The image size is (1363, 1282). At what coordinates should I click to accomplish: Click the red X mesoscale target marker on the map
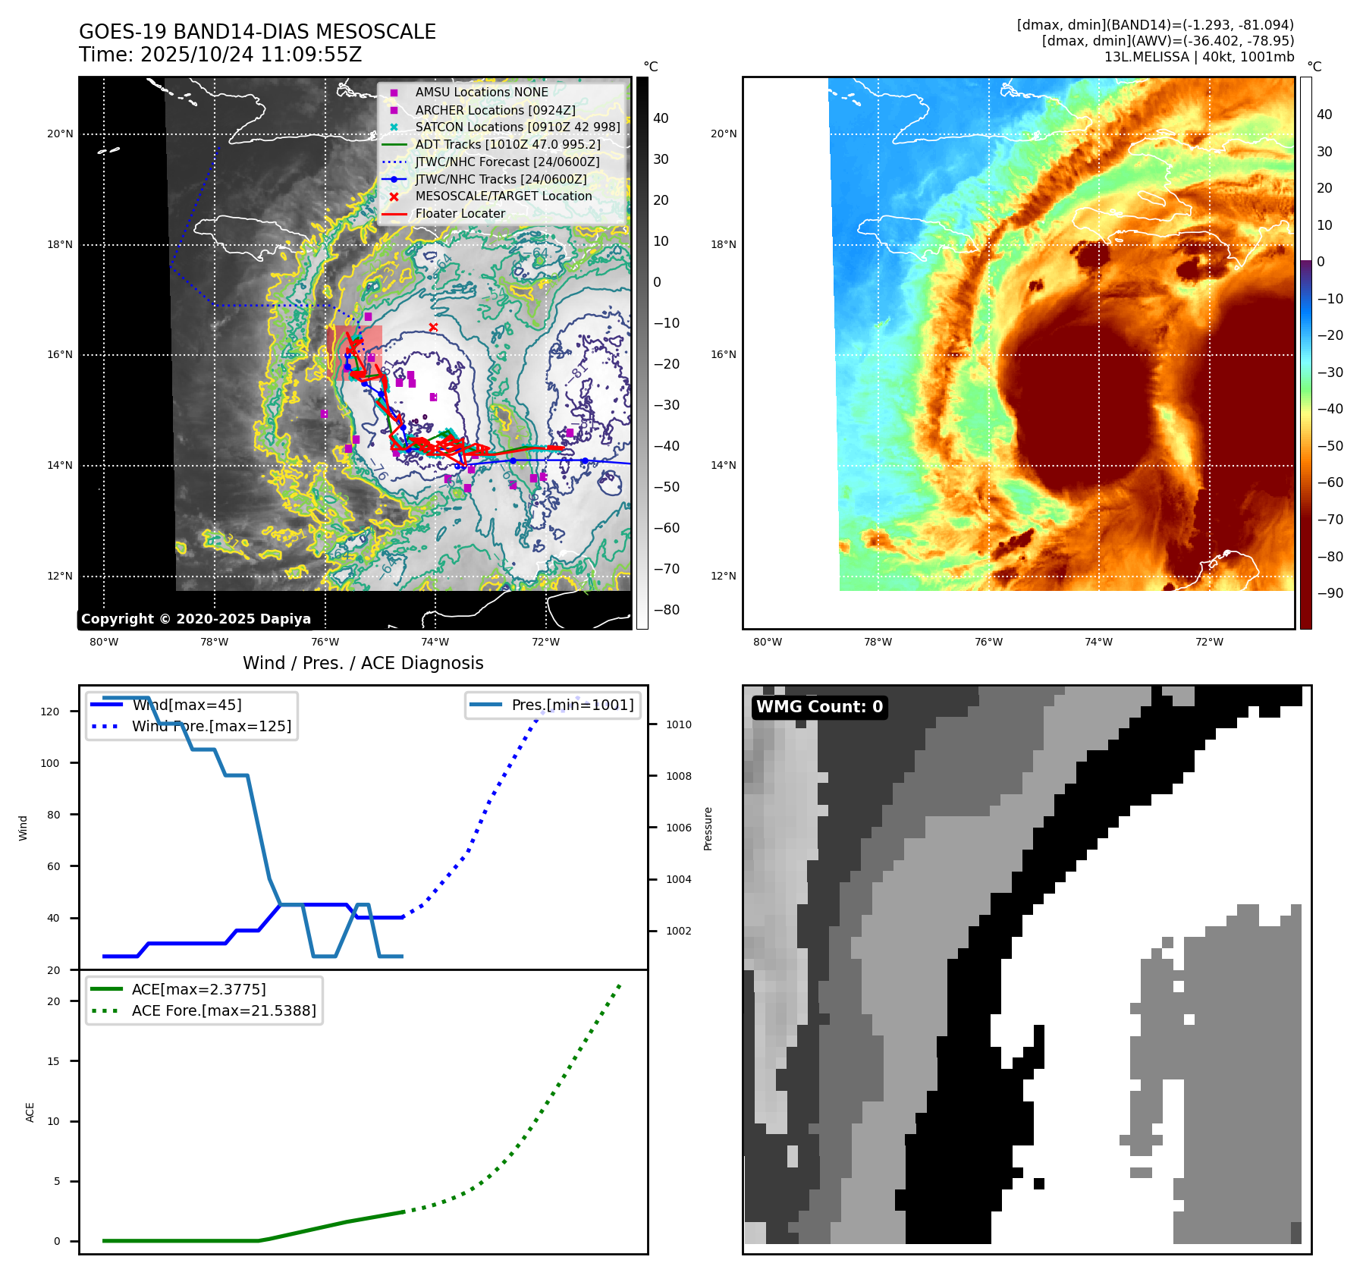(x=433, y=327)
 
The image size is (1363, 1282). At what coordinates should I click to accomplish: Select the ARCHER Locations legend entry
(x=495, y=110)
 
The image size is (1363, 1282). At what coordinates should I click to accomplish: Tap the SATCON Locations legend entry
(x=517, y=127)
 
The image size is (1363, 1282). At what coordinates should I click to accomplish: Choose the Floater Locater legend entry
(x=460, y=213)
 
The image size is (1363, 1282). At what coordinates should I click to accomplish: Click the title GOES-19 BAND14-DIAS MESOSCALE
(x=257, y=32)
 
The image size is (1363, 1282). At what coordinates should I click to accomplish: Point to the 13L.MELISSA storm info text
(x=1198, y=57)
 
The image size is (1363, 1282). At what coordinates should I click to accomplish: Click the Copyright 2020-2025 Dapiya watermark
(x=196, y=619)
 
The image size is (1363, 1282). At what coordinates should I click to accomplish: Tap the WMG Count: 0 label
(x=819, y=707)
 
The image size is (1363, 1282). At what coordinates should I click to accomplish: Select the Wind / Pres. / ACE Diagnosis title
(x=363, y=663)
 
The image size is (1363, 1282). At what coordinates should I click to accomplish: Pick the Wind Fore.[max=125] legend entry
(x=211, y=726)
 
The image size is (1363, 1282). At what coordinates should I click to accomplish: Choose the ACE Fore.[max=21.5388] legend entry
(x=224, y=1010)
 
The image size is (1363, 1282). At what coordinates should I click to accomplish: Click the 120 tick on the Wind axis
(x=50, y=712)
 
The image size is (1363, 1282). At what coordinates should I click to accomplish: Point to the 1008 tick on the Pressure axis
(x=678, y=776)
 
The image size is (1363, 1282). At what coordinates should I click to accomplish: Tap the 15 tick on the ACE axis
(x=53, y=1061)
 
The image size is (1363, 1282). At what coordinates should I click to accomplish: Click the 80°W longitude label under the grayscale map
(x=104, y=642)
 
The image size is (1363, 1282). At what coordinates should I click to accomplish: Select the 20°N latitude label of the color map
(x=723, y=134)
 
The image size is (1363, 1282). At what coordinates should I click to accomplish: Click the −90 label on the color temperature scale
(x=1330, y=593)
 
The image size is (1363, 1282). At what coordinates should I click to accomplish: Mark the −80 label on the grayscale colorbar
(x=667, y=610)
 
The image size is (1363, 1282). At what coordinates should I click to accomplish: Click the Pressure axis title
(x=708, y=828)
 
